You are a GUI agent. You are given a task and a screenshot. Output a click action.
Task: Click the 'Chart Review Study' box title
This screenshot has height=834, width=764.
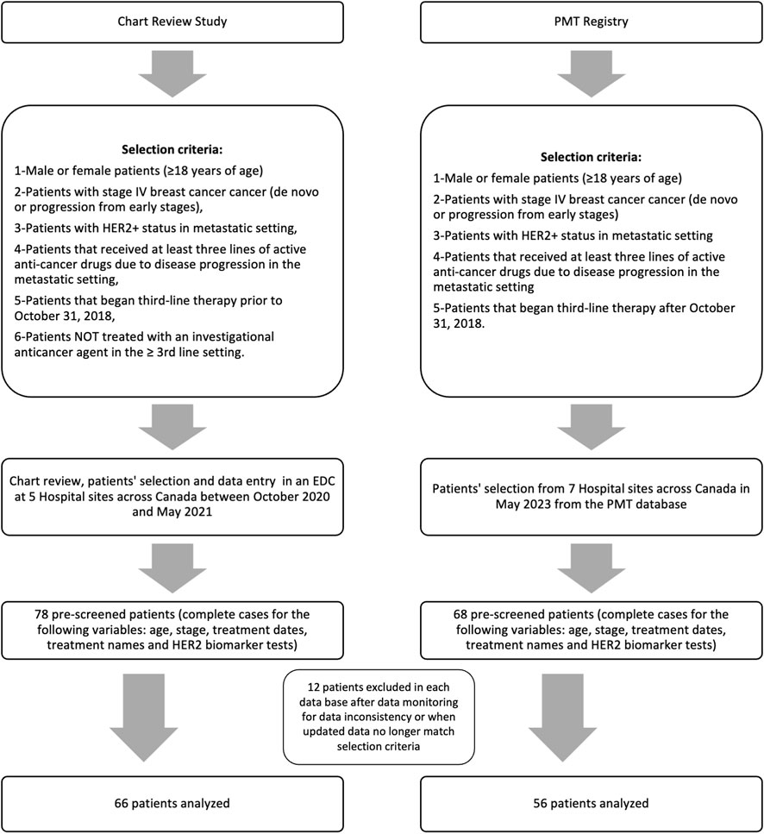tap(172, 22)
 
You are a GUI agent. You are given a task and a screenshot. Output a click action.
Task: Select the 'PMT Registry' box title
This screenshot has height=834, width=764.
tap(591, 22)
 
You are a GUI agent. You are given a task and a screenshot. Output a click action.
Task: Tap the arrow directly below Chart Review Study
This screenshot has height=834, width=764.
tap(172, 74)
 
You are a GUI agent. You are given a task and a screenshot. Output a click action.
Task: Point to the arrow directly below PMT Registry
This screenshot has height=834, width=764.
tap(592, 74)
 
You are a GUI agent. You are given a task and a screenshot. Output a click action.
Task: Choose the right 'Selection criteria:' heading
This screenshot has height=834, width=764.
tap(590, 158)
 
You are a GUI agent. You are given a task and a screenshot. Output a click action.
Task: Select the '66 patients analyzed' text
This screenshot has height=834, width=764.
tap(172, 803)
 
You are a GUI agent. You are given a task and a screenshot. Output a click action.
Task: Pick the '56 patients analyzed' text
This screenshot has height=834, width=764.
tap(591, 803)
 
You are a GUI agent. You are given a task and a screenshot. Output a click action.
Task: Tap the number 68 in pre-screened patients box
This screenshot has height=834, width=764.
tap(460, 614)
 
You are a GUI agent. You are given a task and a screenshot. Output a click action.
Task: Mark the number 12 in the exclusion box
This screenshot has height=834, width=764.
tap(314, 687)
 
